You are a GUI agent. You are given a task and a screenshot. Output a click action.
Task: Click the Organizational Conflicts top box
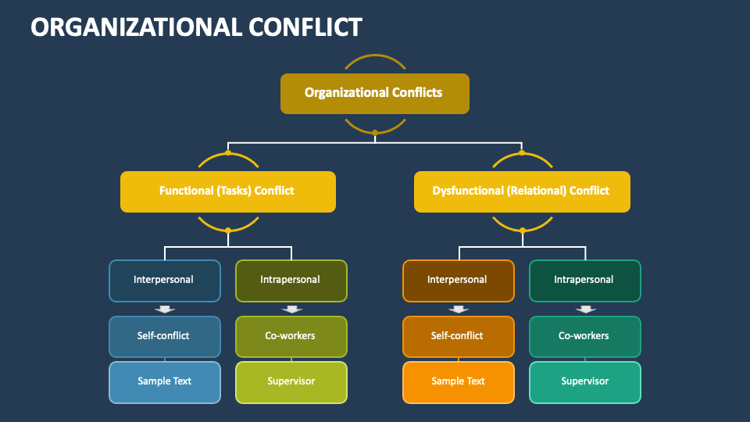[x=374, y=93]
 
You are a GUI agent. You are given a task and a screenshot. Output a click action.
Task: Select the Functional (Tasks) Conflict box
[x=227, y=191]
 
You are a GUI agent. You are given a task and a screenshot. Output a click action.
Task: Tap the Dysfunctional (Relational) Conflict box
[x=521, y=191]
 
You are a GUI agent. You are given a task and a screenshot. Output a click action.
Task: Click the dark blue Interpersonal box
[x=164, y=280]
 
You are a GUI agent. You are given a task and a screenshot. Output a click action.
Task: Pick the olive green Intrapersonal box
[x=291, y=280]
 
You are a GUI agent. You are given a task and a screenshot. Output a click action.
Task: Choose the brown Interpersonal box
[x=458, y=280]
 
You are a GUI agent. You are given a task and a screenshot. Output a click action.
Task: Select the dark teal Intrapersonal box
[x=584, y=280]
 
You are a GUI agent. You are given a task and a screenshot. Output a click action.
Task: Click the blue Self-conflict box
[x=164, y=336]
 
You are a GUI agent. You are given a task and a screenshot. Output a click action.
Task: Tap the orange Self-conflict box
[x=458, y=336]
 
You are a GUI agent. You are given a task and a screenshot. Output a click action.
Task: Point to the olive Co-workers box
[x=291, y=336]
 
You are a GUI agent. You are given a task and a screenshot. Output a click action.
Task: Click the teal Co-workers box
[x=584, y=336]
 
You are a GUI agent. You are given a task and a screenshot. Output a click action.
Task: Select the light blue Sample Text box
[x=164, y=381]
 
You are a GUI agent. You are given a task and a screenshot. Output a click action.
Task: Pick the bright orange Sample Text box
[x=458, y=381]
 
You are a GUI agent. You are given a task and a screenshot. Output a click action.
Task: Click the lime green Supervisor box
[x=291, y=381]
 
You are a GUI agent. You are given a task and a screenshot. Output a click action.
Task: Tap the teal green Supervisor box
[x=584, y=381]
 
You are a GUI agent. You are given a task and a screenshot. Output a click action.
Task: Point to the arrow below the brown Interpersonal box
[x=459, y=309]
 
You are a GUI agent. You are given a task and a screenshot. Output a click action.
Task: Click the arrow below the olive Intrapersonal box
[x=291, y=309]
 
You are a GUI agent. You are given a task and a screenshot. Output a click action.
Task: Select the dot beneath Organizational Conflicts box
[x=375, y=133]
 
